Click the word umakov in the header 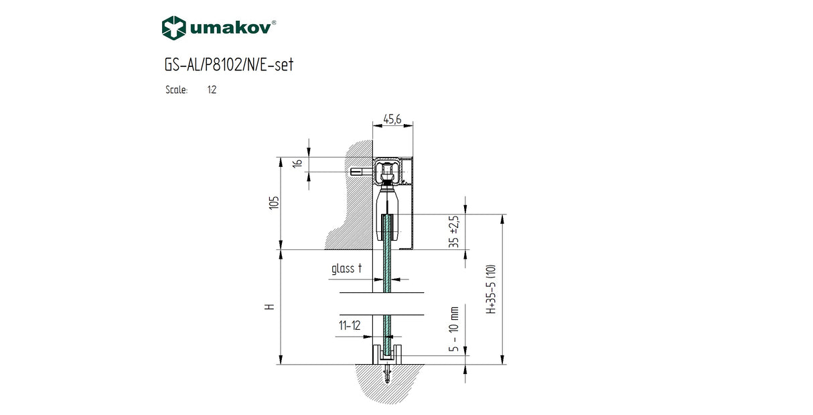pos(231,27)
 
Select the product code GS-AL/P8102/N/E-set pos(228,65)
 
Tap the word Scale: pos(176,90)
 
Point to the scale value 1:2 pos(212,90)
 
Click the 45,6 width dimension pos(392,119)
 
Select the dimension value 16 pos(299,162)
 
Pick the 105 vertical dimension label pos(273,203)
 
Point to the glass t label pos(347,269)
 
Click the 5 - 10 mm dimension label pos(455,330)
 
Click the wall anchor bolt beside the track pos(360,172)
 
